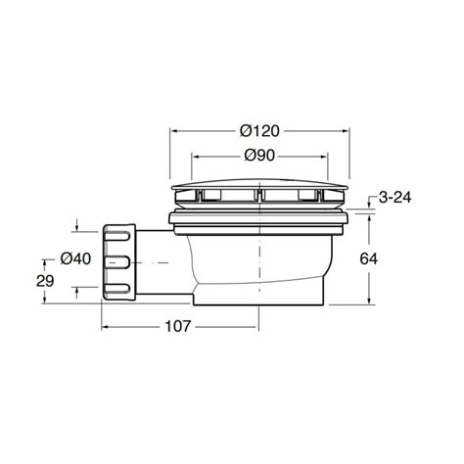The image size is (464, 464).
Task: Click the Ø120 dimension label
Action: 259,131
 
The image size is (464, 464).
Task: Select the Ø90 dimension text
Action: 259,156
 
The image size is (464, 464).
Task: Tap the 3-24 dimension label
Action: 394,198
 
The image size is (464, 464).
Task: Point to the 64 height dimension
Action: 369,258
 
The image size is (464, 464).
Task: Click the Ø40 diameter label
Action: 75,258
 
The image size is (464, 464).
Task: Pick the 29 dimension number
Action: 45,281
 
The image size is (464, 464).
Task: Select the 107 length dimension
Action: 177,326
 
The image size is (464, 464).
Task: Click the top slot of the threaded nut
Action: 116,236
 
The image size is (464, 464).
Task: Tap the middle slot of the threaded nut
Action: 116,262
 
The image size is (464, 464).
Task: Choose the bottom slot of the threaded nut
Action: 116,288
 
